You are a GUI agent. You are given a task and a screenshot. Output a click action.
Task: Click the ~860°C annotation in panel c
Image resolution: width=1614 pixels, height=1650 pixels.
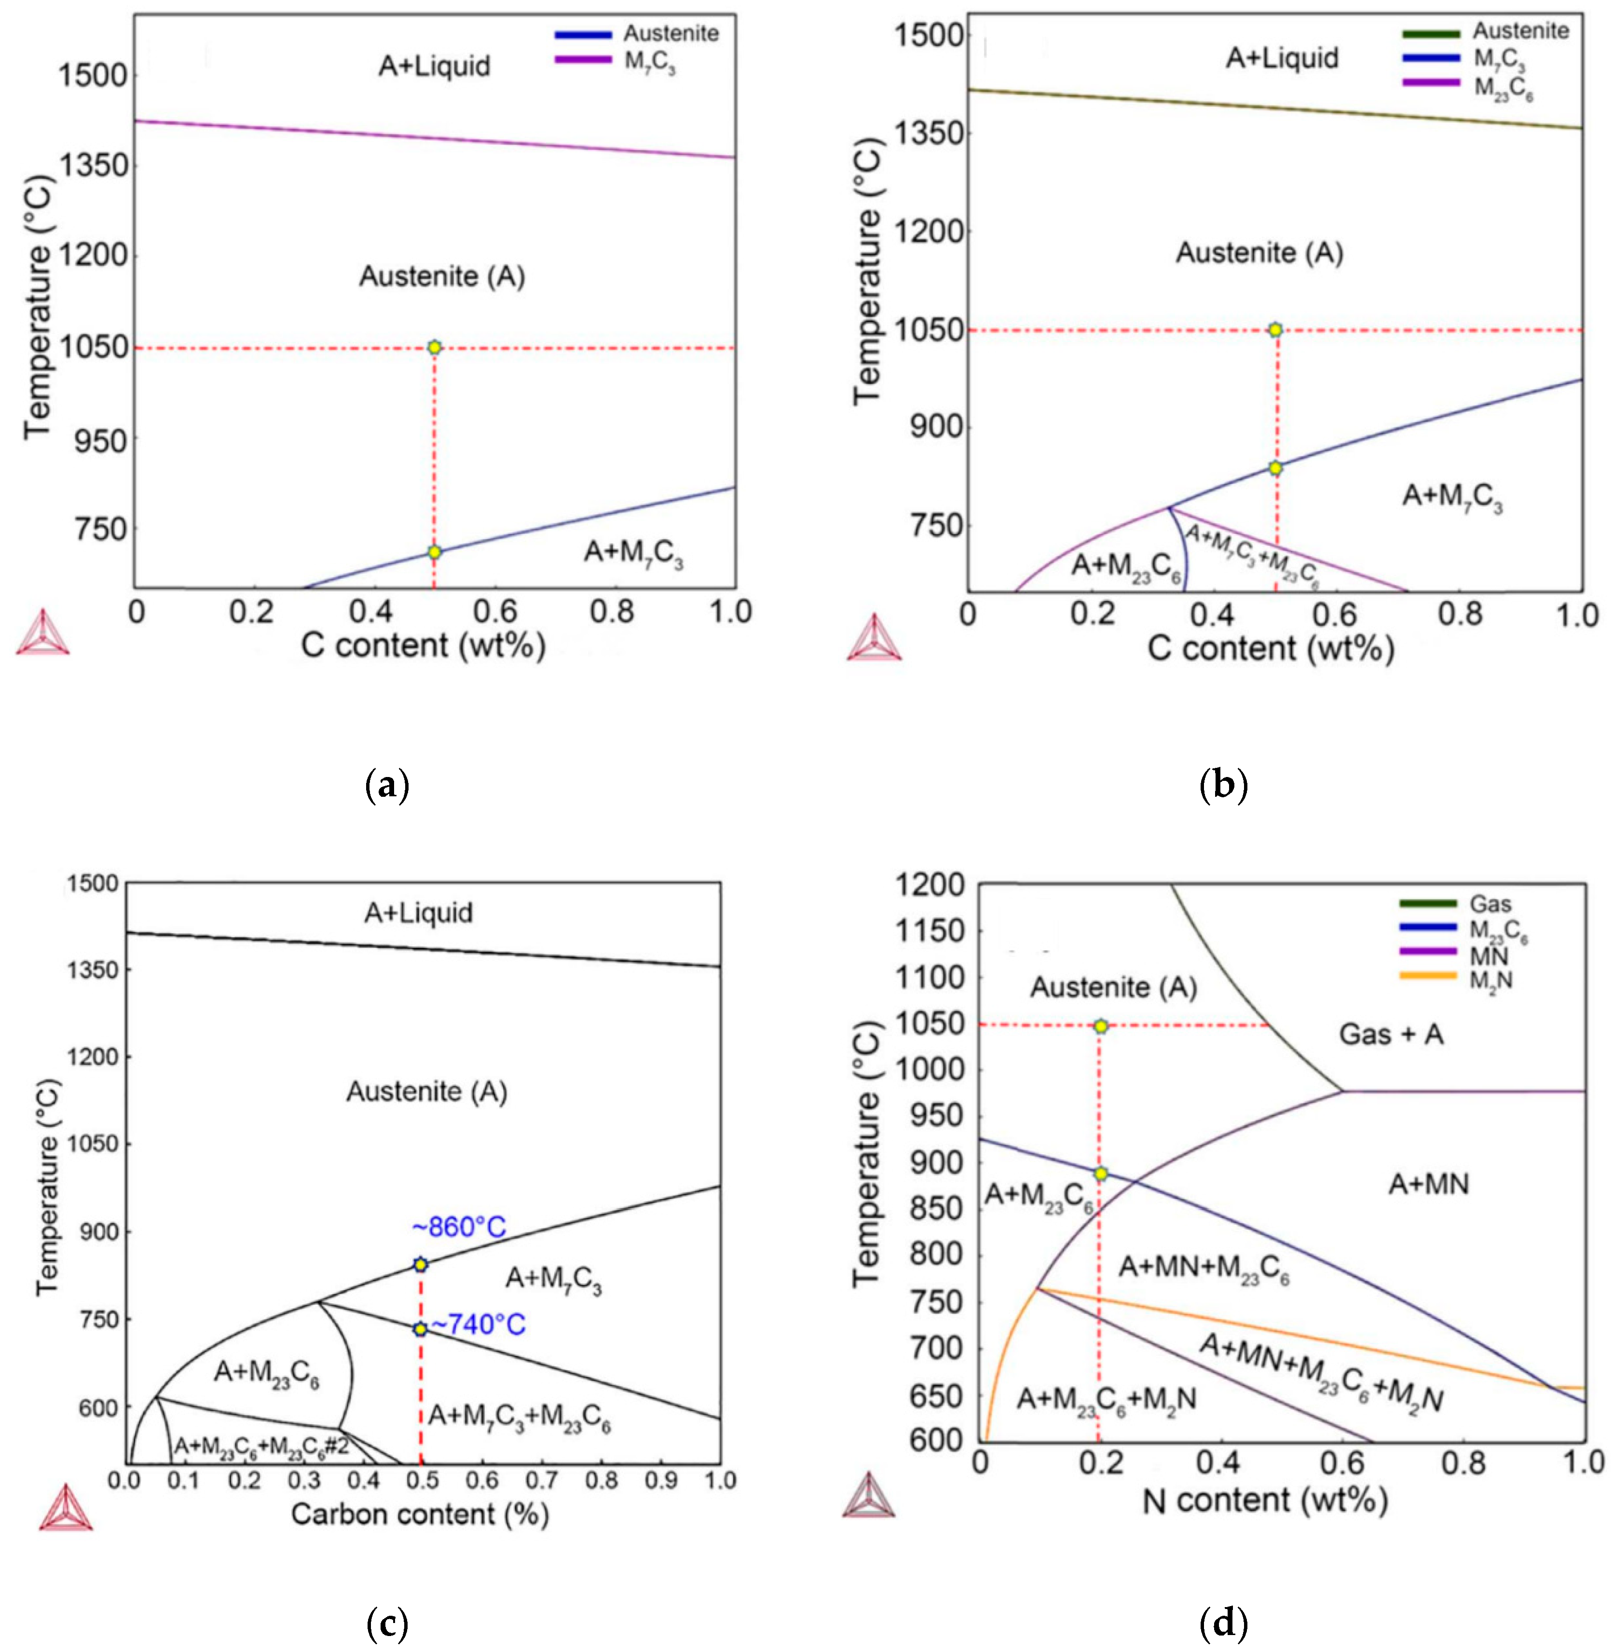(x=459, y=1227)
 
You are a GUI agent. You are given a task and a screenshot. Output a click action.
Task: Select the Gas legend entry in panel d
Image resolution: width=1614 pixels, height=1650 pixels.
(x=1490, y=904)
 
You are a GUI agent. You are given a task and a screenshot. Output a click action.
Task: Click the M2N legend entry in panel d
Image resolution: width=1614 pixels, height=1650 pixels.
(x=1490, y=981)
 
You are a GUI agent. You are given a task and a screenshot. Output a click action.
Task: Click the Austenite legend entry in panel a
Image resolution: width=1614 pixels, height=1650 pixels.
(x=670, y=34)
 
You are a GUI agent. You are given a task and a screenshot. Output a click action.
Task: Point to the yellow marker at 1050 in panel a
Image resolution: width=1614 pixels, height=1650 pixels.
(x=434, y=347)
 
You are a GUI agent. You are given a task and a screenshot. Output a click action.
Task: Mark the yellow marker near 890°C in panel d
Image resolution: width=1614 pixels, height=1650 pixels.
(x=1100, y=1174)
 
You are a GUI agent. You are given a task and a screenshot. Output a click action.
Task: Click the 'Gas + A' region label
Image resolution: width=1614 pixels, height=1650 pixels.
(x=1391, y=1034)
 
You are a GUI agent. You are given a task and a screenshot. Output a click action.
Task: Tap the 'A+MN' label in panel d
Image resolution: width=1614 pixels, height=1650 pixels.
(x=1428, y=1184)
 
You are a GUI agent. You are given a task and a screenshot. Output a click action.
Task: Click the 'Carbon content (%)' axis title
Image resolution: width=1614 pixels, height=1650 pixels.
(x=420, y=1514)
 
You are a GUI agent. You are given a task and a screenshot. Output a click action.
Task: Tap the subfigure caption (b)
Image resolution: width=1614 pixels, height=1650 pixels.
(x=1224, y=786)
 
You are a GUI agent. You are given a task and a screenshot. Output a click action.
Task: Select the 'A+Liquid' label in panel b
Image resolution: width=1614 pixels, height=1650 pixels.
(x=1282, y=58)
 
